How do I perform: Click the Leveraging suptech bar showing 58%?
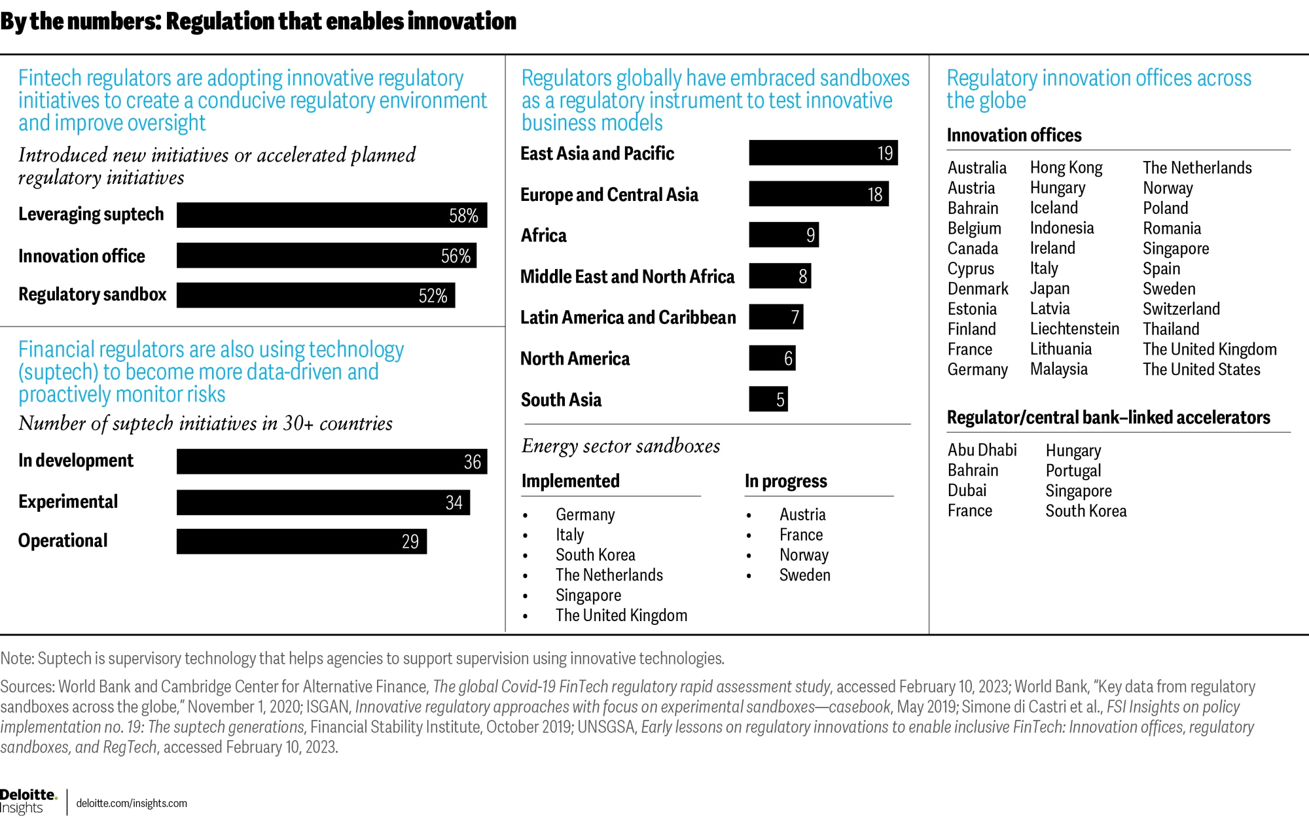(332, 215)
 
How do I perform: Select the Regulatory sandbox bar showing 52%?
(315, 295)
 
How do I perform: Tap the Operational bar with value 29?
(302, 541)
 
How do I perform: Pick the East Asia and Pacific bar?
(823, 153)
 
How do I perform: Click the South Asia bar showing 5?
(768, 399)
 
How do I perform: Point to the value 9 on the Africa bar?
(810, 235)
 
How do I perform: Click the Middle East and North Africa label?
(627, 277)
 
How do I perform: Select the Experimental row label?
(68, 502)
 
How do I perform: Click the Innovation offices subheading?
(1014, 135)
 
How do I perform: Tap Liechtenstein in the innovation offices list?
(1074, 329)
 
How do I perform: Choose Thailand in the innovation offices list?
(1171, 329)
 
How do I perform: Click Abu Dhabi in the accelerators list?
(982, 450)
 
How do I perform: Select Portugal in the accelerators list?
(1073, 471)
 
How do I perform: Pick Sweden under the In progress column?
(804, 575)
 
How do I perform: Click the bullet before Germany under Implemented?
(526, 516)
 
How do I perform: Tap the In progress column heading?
(785, 482)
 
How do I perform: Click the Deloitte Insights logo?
(29, 801)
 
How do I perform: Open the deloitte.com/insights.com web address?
(132, 804)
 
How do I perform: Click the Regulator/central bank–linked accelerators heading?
(1108, 418)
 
